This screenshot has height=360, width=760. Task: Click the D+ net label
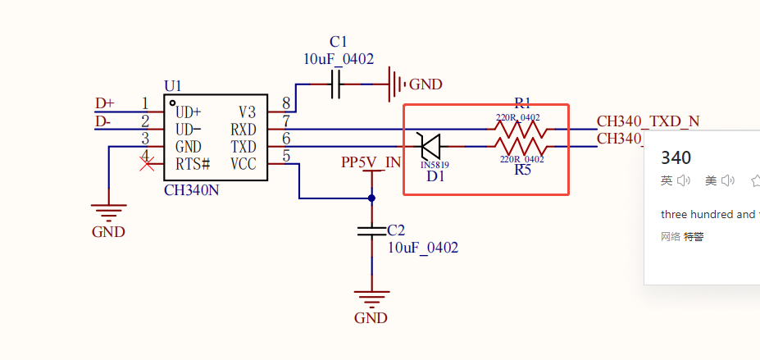(x=105, y=103)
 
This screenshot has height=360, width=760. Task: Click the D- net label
(x=103, y=121)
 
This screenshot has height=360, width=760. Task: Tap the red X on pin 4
(x=148, y=164)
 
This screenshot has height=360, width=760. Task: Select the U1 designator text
(x=173, y=86)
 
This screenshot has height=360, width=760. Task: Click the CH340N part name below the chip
(x=192, y=190)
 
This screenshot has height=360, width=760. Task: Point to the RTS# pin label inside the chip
(x=193, y=164)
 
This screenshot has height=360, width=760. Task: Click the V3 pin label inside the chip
(x=247, y=112)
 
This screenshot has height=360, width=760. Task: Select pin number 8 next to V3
(x=285, y=103)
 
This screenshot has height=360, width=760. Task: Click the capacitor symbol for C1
(x=335, y=84)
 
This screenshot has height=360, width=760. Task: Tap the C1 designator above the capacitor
(x=339, y=42)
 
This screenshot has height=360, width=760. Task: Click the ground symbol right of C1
(x=396, y=84)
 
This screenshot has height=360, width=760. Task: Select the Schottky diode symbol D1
(x=430, y=146)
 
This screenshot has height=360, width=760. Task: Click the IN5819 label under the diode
(x=435, y=165)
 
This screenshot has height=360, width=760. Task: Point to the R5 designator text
(x=522, y=171)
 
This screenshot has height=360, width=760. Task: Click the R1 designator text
(x=522, y=103)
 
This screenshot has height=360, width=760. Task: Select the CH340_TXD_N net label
(x=648, y=121)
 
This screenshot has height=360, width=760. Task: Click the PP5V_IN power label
(x=371, y=162)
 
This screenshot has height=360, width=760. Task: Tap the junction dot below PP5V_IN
(x=371, y=198)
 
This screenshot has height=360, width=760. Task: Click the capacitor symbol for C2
(x=371, y=231)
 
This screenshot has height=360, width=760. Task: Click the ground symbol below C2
(x=371, y=297)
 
